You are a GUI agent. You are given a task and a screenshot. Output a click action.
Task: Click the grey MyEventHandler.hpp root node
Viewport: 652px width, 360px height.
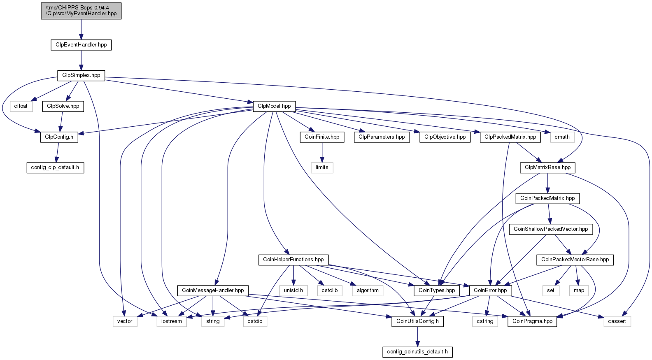[81, 11]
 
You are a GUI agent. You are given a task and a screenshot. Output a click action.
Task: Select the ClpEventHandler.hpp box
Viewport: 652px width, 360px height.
[81, 45]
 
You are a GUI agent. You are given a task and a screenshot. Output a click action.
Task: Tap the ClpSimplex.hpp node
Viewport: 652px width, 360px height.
[81, 75]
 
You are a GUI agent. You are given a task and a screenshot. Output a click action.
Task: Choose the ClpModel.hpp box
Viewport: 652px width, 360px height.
[274, 106]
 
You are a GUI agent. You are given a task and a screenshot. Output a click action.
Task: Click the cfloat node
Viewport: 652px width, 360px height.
[21, 106]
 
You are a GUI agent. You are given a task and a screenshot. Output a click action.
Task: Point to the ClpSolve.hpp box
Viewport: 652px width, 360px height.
[63, 106]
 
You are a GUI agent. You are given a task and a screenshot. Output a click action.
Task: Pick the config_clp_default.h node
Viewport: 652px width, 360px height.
[55, 167]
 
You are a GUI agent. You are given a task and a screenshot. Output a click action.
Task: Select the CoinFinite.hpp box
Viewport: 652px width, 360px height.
[322, 137]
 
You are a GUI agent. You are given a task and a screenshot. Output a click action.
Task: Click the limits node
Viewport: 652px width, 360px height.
[322, 167]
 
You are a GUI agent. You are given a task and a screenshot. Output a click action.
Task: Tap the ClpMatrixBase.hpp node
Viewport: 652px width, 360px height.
[547, 167]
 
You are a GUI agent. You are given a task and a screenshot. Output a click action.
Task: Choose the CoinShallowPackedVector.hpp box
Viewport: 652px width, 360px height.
[551, 229]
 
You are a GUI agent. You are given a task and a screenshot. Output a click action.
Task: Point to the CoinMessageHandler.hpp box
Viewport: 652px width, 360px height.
[213, 290]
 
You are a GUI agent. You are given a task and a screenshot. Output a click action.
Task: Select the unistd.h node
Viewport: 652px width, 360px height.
[293, 290]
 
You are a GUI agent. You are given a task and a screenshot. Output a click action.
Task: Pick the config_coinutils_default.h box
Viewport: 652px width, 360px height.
[417, 352]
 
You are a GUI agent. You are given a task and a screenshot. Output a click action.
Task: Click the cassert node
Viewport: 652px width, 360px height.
[617, 321]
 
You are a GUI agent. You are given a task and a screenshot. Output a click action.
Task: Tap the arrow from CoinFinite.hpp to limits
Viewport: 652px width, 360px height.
[322, 153]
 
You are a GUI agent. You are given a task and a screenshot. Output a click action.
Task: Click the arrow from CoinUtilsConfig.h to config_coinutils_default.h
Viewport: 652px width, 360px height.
[417, 337]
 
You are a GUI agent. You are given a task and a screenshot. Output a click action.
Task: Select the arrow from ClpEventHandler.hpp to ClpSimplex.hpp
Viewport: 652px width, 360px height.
[81, 60]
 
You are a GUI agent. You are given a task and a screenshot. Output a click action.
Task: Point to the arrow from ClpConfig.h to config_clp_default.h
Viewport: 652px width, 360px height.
[57, 153]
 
